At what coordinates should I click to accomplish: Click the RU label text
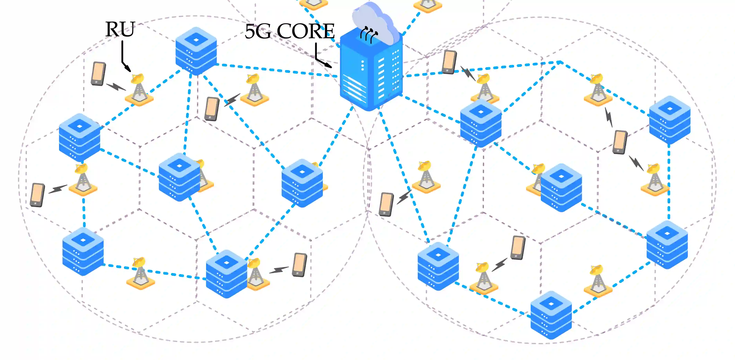click(120, 29)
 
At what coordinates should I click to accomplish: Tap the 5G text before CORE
click(258, 31)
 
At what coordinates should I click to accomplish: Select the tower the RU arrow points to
click(139, 90)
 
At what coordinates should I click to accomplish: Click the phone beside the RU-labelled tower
click(98, 74)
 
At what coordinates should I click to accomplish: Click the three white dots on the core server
click(363, 65)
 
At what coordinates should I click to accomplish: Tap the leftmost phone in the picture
click(37, 195)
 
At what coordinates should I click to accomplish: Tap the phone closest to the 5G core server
click(449, 62)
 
